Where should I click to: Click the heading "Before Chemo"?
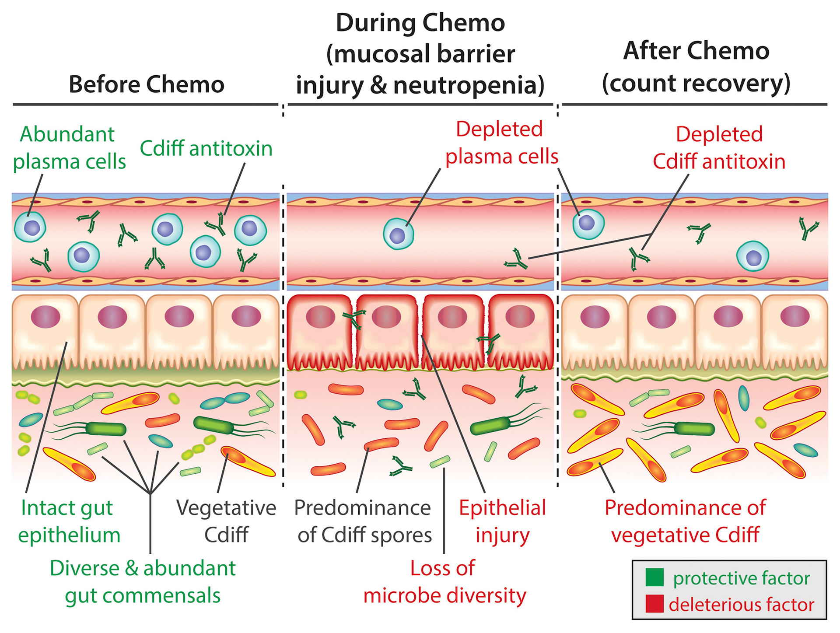pyautogui.click(x=146, y=84)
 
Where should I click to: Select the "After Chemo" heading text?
pyautogui.click(x=696, y=51)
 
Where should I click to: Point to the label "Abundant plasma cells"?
pyautogui.click(x=69, y=148)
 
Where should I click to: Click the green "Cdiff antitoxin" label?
pyautogui.click(x=206, y=149)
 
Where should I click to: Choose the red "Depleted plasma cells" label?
pyautogui.click(x=501, y=143)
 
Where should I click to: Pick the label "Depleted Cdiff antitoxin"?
pyautogui.click(x=719, y=148)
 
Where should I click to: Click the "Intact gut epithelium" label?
pyautogui.click(x=69, y=521)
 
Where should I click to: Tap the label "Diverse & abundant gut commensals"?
pyautogui.click(x=143, y=582)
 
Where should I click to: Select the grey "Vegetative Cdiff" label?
pyautogui.click(x=226, y=521)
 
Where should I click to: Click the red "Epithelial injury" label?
pyautogui.click(x=502, y=521)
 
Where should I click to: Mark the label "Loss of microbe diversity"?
pyautogui.click(x=444, y=582)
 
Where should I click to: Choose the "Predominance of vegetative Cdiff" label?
pyautogui.click(x=685, y=521)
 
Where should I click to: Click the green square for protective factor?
pyautogui.click(x=654, y=577)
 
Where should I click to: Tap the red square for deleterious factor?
pyautogui.click(x=654, y=604)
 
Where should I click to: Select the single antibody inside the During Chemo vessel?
pyautogui.click(x=516, y=259)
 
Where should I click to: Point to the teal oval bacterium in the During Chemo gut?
pyautogui.click(x=390, y=404)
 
